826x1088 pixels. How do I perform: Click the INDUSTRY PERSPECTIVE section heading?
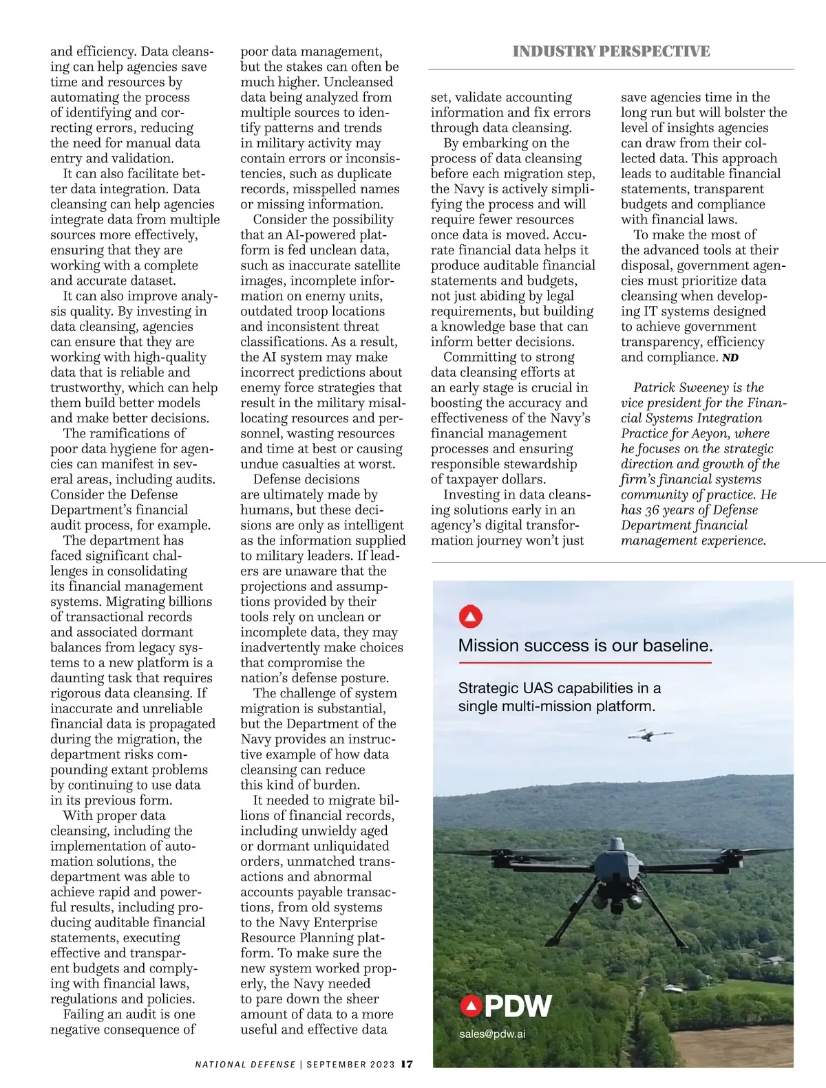(x=611, y=52)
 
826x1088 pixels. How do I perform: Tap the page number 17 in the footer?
(x=407, y=1064)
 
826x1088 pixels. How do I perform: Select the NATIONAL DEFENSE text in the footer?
(x=245, y=1065)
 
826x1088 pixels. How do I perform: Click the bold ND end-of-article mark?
(x=730, y=358)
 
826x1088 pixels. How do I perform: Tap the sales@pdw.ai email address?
(x=492, y=1034)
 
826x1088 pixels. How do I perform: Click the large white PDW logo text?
(x=518, y=1006)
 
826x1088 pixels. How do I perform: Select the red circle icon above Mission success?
(x=471, y=617)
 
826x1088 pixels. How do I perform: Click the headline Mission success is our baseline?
(x=585, y=646)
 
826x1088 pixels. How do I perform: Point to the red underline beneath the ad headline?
(x=585, y=662)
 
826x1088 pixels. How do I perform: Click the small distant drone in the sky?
(x=649, y=735)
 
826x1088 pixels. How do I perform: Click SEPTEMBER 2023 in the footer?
(x=350, y=1065)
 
